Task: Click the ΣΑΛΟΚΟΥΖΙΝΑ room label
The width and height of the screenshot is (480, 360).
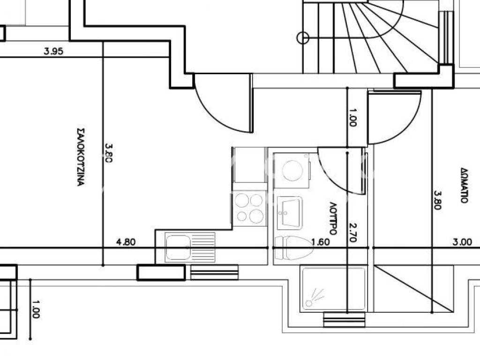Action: (x=80, y=157)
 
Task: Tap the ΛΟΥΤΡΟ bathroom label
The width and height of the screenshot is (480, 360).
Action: (x=333, y=218)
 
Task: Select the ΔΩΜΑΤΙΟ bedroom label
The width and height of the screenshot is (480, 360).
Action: (x=464, y=186)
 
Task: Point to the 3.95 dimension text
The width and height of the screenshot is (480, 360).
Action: (x=53, y=51)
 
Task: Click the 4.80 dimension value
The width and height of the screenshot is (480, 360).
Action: (x=126, y=242)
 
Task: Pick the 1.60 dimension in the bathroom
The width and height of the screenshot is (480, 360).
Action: (x=321, y=242)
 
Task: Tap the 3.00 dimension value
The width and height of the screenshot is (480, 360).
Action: (x=462, y=242)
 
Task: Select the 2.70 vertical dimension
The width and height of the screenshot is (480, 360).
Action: (x=353, y=232)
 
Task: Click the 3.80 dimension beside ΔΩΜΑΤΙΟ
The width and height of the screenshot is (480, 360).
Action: (x=438, y=200)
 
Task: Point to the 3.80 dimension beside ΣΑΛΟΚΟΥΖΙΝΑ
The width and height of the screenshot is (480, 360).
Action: (x=109, y=153)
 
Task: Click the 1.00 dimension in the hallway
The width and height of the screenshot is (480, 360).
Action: (x=352, y=118)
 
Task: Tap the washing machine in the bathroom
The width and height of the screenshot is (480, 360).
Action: (x=292, y=171)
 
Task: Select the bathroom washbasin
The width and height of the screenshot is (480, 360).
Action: (x=290, y=213)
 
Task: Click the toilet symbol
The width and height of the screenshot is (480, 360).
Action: (x=294, y=248)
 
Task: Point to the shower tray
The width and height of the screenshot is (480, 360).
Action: (x=334, y=289)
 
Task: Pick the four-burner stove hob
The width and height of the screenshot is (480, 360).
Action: (x=250, y=209)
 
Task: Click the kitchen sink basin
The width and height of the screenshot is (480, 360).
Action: (x=178, y=247)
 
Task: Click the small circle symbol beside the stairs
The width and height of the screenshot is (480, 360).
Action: (x=303, y=38)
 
